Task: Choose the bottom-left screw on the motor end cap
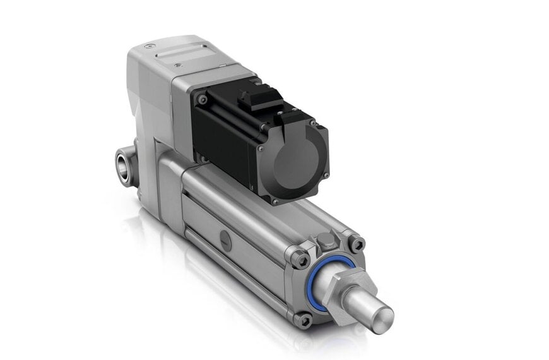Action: pos(275,201)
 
